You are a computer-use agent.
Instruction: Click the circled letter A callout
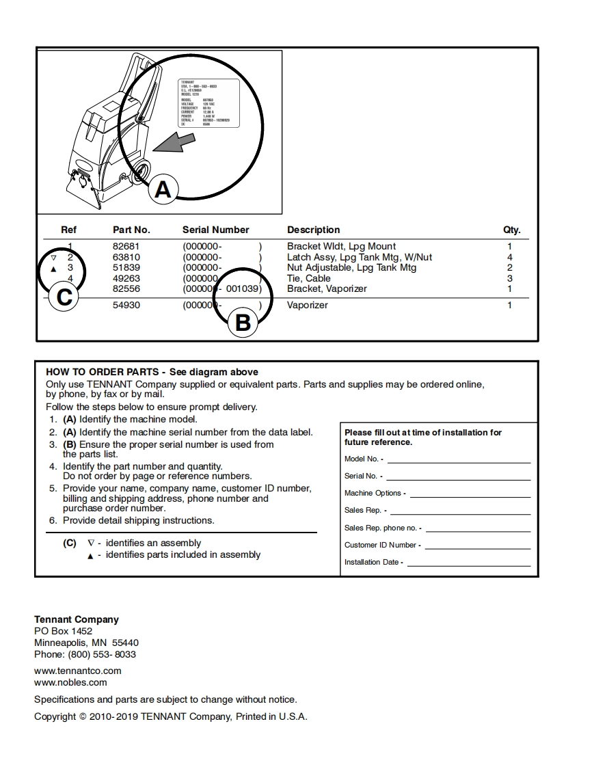163,188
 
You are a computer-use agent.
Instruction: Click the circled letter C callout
65,298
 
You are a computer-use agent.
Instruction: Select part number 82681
126,246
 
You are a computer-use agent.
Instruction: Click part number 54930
126,305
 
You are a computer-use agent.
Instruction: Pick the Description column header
313,230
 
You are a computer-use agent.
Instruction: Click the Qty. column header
511,230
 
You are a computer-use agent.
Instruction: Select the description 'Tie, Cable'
308,278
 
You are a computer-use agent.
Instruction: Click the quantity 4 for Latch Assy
510,257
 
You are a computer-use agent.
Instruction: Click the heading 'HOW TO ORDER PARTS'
102,372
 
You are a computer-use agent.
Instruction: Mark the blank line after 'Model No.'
459,462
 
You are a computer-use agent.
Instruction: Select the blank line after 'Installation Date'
469,565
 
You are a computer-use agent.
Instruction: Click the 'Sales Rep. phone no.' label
383,528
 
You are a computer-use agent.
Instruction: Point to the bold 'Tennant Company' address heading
77,619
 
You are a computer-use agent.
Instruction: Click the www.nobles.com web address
70,682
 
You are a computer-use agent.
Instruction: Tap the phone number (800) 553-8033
102,654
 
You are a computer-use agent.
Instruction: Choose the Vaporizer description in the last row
307,305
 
